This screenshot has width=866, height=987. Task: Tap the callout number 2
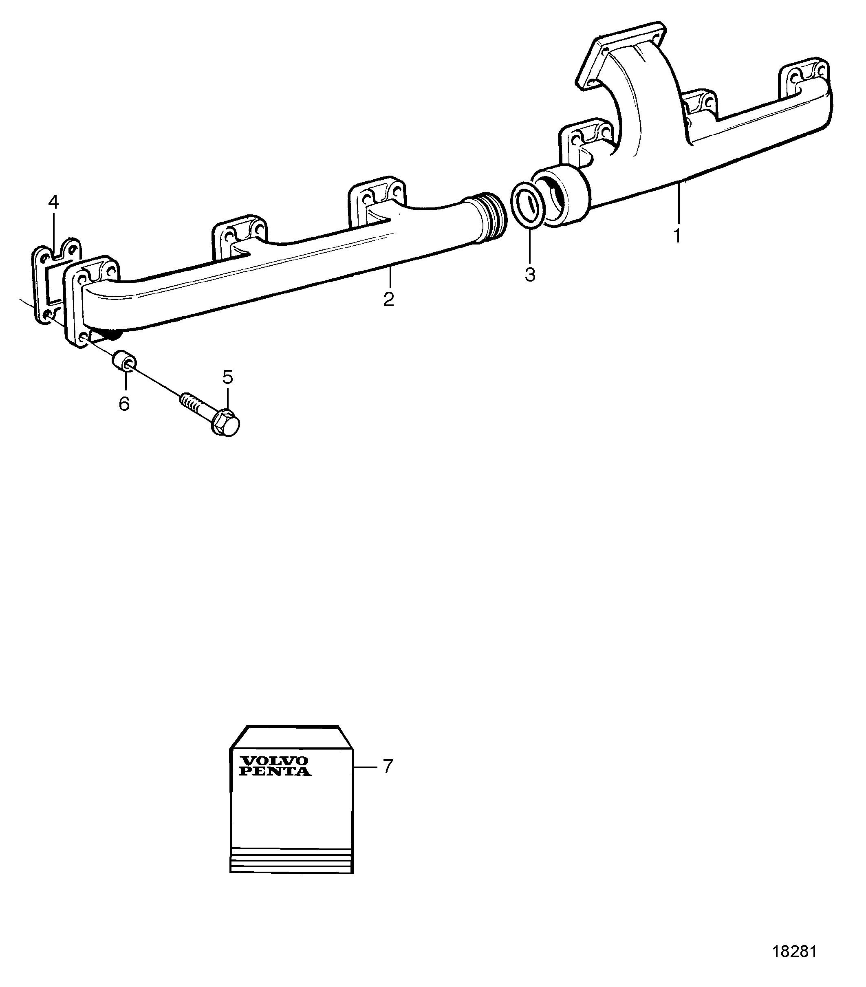388,300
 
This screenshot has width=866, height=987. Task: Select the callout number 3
530,275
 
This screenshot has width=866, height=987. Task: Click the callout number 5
227,377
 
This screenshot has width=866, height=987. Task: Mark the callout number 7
388,766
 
